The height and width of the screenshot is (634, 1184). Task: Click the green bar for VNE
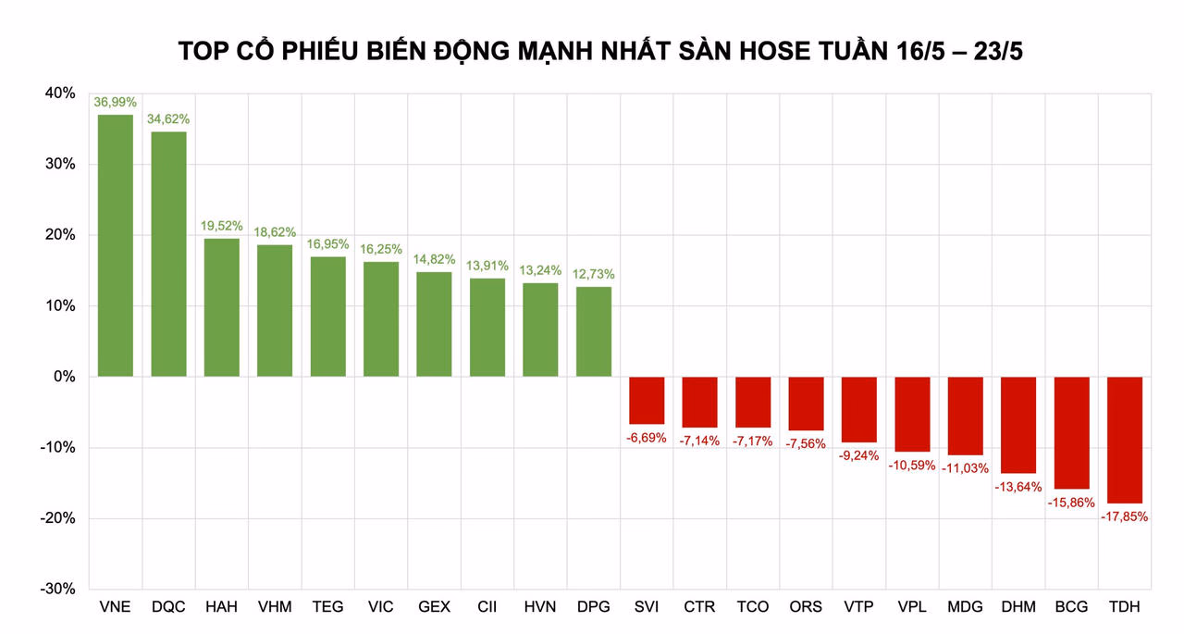point(116,245)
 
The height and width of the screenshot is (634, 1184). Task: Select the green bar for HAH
point(222,307)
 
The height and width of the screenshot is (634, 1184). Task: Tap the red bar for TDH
point(1125,440)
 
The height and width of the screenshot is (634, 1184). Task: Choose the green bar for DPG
point(594,331)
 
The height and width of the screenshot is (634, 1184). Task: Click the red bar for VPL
point(912,414)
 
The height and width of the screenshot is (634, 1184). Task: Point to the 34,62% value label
point(168,119)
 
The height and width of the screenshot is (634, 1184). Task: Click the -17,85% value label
point(1125,516)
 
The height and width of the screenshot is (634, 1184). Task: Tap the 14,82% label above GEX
point(435,259)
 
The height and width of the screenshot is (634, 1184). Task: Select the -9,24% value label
point(859,455)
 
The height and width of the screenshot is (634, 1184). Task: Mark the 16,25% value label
point(381,249)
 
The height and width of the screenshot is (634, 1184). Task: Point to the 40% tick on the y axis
point(59,93)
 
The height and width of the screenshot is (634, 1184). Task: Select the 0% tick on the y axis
point(65,377)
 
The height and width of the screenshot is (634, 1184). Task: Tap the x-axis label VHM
point(275,607)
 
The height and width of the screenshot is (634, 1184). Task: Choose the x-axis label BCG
point(1071,607)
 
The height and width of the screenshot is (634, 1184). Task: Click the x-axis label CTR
point(699,607)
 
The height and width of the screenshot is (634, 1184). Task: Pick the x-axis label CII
point(487,607)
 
